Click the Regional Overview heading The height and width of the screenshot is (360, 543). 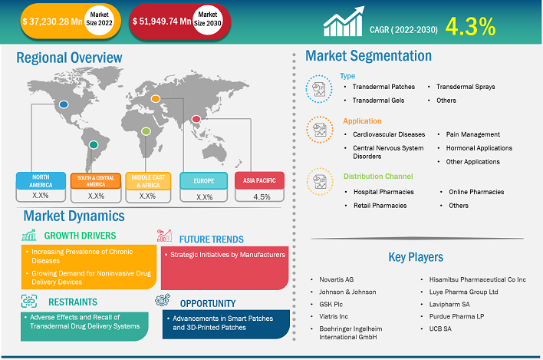point(69,58)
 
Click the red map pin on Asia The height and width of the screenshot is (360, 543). point(197,118)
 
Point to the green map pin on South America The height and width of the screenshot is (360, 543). point(94,144)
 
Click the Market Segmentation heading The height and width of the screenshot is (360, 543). point(368,55)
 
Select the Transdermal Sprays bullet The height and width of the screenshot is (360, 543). point(465,87)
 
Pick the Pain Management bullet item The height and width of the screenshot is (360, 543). point(472,134)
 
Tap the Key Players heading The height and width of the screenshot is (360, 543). point(414,257)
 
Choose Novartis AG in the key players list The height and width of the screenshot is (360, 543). point(338,280)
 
